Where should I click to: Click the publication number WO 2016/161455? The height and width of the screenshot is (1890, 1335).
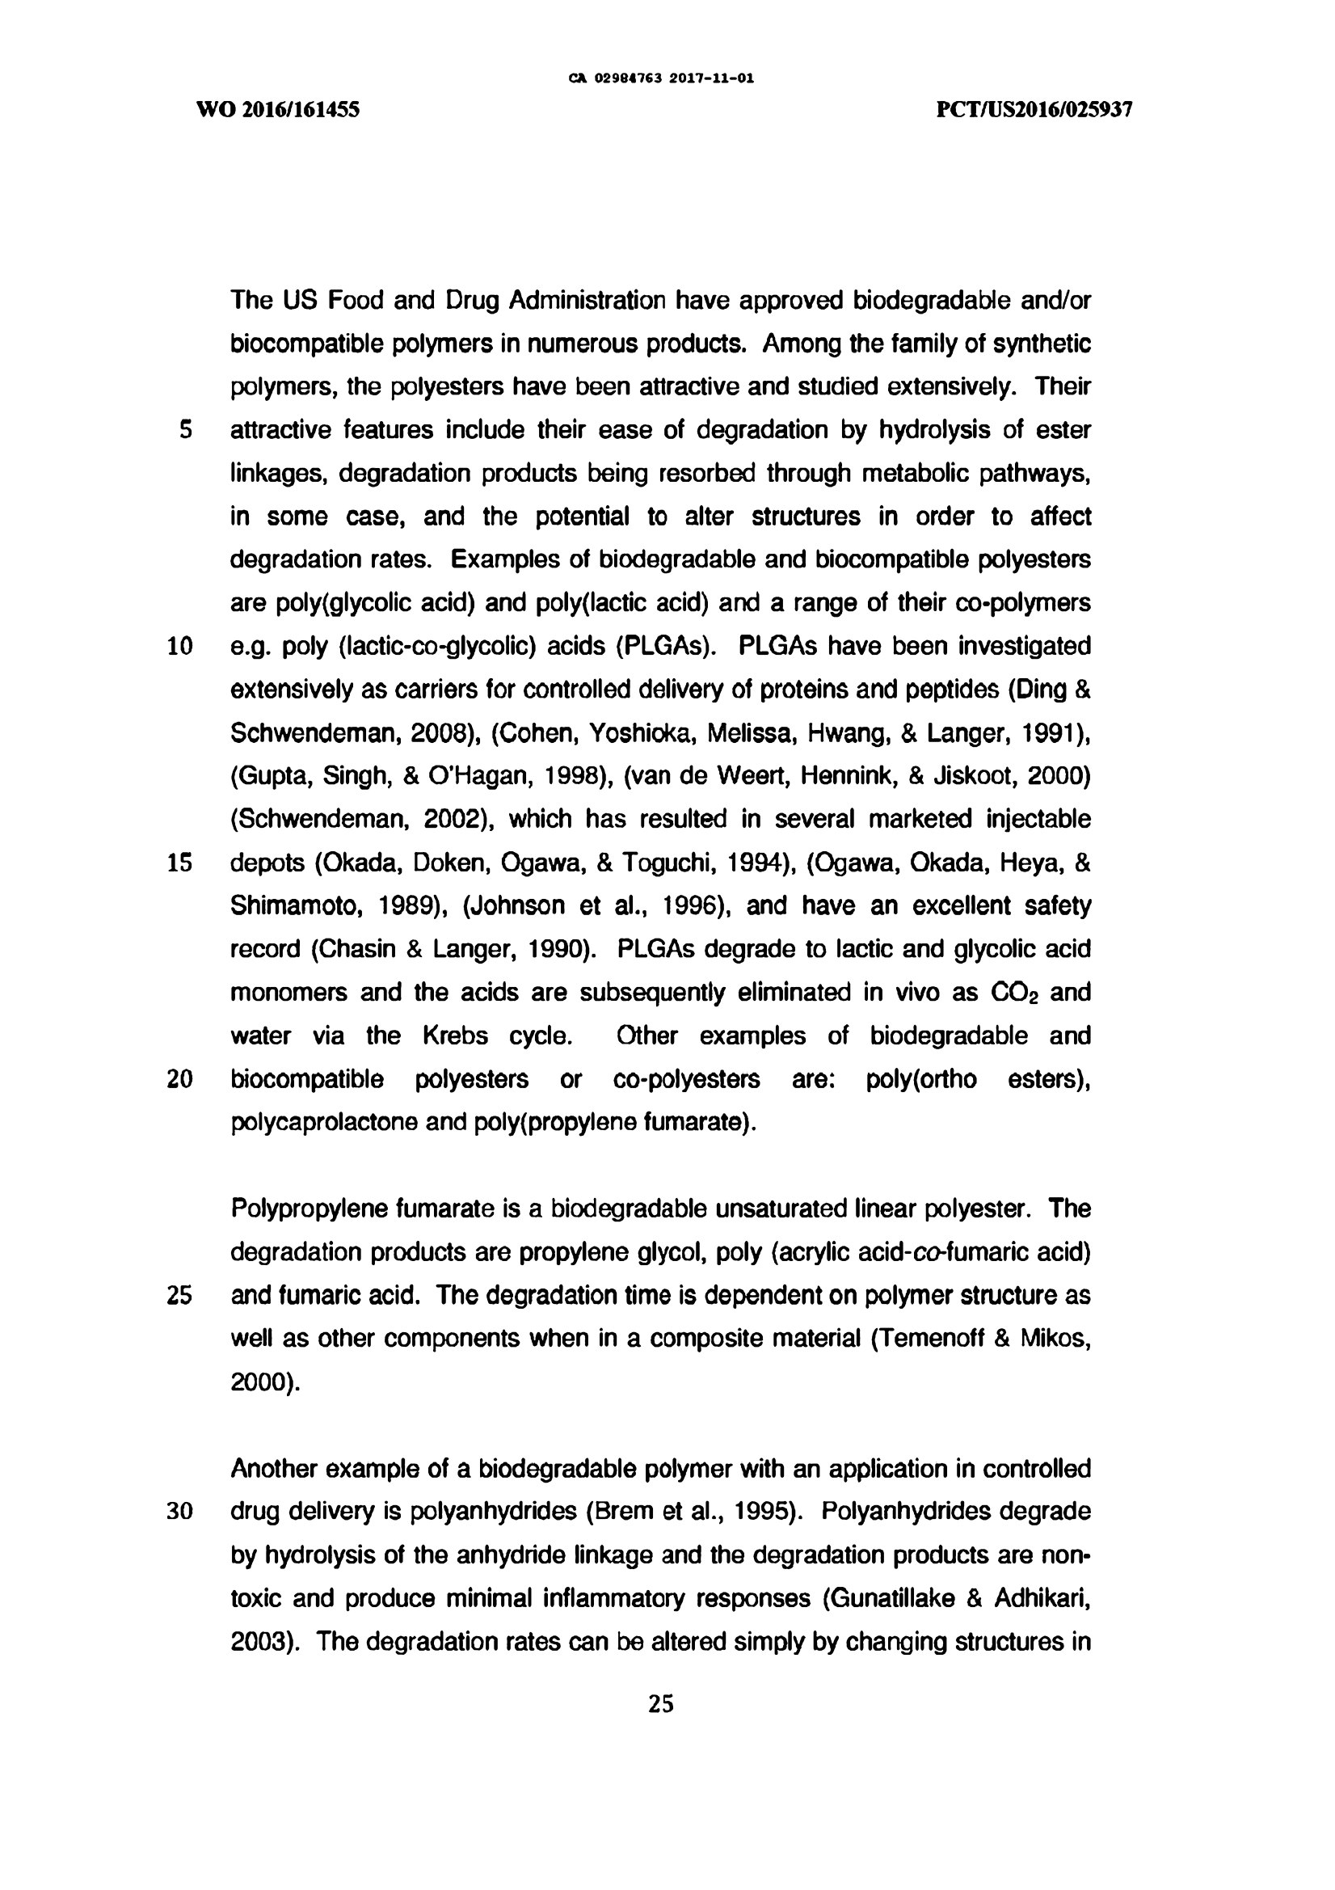(x=278, y=110)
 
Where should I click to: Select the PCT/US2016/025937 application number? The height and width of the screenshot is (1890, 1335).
(x=1034, y=110)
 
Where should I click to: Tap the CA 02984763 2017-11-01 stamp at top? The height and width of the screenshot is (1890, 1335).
(x=661, y=79)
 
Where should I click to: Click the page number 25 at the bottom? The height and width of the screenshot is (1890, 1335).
(x=661, y=1704)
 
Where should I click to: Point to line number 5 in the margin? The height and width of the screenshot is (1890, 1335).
(x=185, y=431)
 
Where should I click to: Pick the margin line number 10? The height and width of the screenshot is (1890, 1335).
(x=179, y=647)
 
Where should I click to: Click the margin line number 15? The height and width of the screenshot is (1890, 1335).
(x=179, y=863)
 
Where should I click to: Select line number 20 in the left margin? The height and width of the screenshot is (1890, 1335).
(x=179, y=1079)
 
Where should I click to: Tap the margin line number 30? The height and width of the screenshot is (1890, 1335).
(x=179, y=1512)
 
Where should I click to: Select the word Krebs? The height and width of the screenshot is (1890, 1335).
(x=455, y=1036)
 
